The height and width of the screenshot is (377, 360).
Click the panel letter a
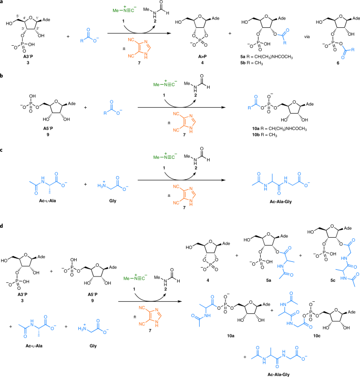pyautogui.click(x=3, y=3)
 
